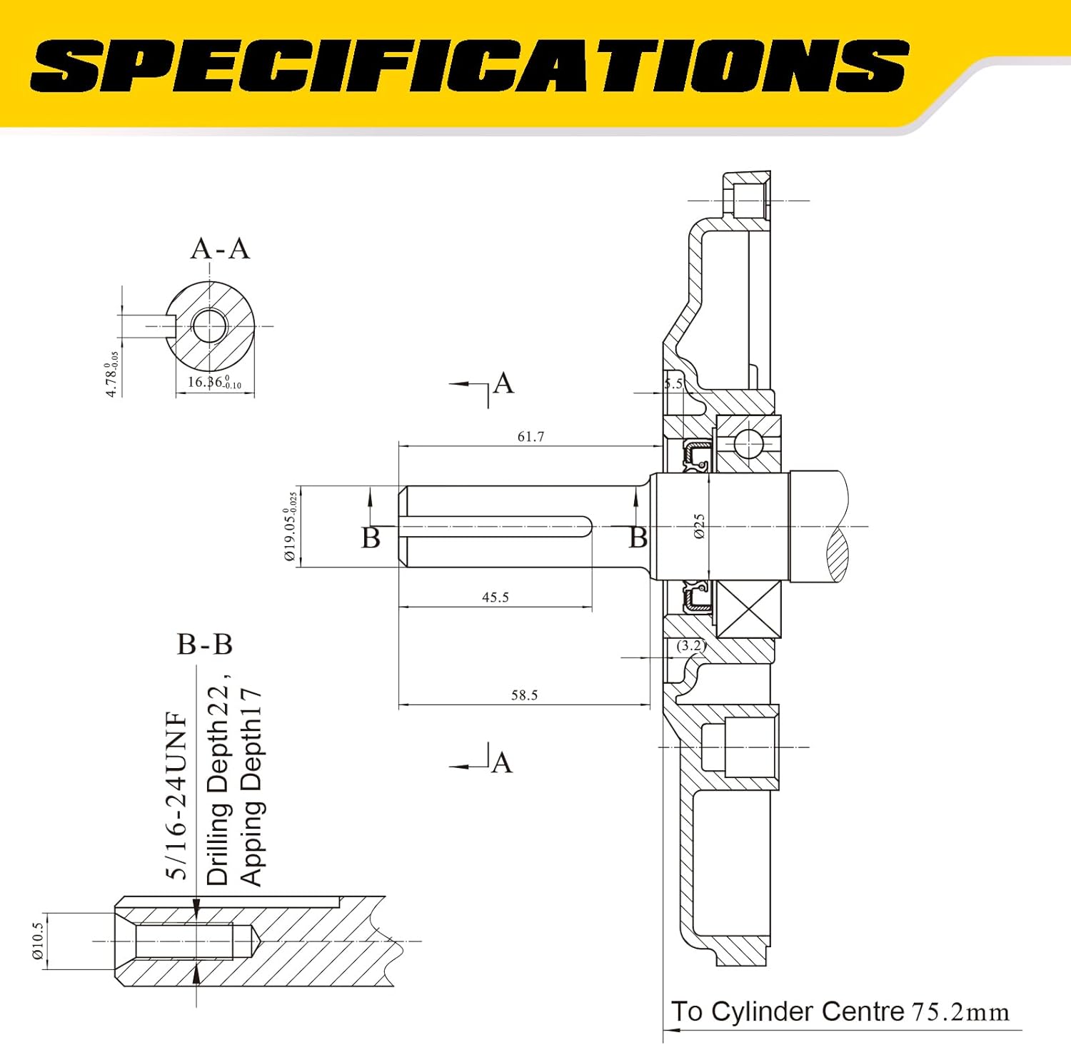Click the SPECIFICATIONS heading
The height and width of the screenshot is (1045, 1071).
click(x=469, y=66)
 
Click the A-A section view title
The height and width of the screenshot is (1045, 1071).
click(x=220, y=249)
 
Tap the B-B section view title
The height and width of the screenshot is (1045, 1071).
click(x=205, y=645)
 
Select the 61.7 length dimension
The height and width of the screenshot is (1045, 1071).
click(x=531, y=436)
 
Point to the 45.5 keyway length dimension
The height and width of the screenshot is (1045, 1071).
click(x=495, y=597)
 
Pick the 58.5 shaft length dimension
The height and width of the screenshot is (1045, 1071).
click(x=524, y=695)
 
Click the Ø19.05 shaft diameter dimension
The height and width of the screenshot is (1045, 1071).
click(x=291, y=526)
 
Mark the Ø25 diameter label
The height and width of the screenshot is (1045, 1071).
click(x=699, y=526)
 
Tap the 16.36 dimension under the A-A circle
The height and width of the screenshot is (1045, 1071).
click(x=214, y=382)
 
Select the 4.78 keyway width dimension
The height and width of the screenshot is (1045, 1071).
click(x=111, y=374)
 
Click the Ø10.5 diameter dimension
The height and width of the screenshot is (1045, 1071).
click(x=38, y=940)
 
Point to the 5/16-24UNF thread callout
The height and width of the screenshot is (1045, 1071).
click(x=176, y=795)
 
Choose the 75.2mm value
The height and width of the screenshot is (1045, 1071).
click(x=960, y=1012)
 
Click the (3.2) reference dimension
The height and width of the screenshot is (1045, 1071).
click(x=690, y=645)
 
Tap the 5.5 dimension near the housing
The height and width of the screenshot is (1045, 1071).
click(x=673, y=383)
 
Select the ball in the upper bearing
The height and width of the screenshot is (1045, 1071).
click(x=748, y=443)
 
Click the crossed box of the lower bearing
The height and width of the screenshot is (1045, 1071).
click(x=748, y=609)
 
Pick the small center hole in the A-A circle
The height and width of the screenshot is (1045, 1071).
click(x=210, y=326)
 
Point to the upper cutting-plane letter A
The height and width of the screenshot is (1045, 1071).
click(x=503, y=383)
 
